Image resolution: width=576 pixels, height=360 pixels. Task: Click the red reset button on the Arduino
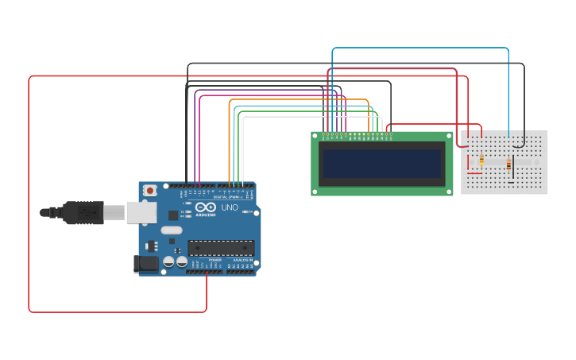149,191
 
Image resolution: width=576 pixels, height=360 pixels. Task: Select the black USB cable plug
83,212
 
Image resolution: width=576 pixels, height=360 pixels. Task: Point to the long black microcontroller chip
221,248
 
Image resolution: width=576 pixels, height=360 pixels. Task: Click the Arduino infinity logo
206,208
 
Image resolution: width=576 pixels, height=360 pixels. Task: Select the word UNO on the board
230,207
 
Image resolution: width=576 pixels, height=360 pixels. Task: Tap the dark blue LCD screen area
382,164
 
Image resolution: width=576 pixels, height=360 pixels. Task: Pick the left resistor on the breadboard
481,160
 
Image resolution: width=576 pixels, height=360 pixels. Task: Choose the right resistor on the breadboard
508,164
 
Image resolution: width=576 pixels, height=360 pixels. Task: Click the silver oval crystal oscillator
171,230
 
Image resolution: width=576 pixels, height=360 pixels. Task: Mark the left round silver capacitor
168,261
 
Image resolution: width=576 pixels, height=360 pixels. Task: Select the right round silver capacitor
182,261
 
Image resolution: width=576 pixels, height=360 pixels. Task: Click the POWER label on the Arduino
215,260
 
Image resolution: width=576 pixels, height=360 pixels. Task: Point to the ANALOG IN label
242,260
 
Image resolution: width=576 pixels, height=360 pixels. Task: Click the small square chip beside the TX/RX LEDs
173,215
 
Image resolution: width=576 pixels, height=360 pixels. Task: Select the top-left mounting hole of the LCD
315,137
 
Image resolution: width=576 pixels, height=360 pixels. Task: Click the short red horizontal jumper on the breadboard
474,173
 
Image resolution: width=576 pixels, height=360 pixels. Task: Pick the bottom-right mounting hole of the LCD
449,191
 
